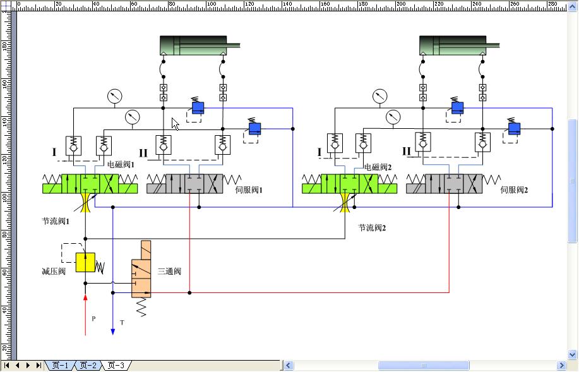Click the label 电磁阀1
[x=121, y=164]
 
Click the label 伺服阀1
[x=248, y=189]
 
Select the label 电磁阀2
[x=378, y=167]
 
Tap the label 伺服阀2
[x=514, y=189]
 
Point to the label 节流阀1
[x=56, y=222]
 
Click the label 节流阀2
[x=372, y=227]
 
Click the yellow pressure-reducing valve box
[x=85, y=262]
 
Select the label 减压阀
[x=54, y=272]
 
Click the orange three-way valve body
[x=141, y=269]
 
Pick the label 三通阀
[x=169, y=272]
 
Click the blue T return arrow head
[x=112, y=330]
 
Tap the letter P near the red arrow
[x=93, y=319]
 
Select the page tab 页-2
[x=88, y=365]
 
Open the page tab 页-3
[x=116, y=365]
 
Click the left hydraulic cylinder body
[x=193, y=45]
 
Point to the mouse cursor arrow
[x=175, y=123]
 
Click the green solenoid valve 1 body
[x=90, y=184]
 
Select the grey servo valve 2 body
[x=453, y=184]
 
